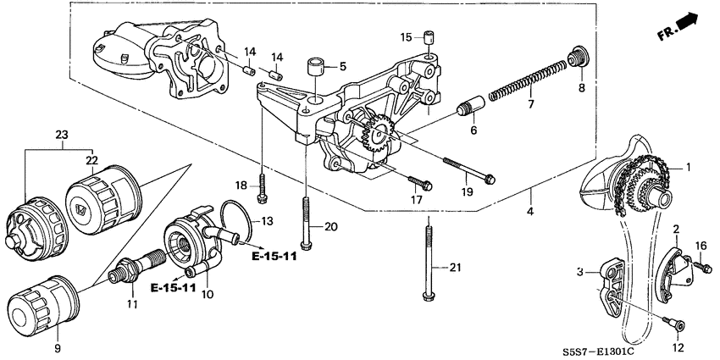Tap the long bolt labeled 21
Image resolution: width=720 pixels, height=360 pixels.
pyautogui.click(x=430, y=258)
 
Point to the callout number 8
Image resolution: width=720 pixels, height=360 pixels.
pyautogui.click(x=582, y=87)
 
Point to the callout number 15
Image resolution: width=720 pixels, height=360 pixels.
pyautogui.click(x=406, y=37)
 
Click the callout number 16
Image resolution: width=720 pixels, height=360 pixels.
pyautogui.click(x=701, y=246)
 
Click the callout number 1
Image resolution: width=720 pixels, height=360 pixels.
pyautogui.click(x=689, y=168)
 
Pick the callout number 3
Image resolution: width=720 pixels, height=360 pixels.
pyautogui.click(x=579, y=272)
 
